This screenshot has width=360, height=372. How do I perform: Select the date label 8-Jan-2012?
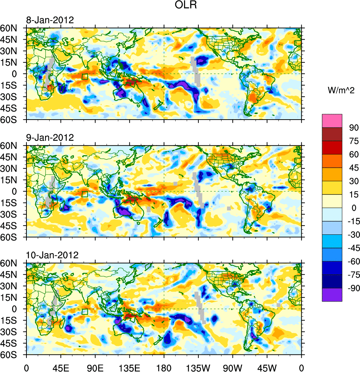click(50, 20)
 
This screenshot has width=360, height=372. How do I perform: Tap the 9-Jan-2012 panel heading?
click(50, 138)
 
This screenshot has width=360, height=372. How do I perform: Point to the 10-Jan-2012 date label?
click(51, 255)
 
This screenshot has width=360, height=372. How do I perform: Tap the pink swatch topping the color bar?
click(332, 120)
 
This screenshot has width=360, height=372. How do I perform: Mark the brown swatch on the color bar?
click(332, 134)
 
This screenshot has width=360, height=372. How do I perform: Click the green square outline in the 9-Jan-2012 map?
click(85, 194)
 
